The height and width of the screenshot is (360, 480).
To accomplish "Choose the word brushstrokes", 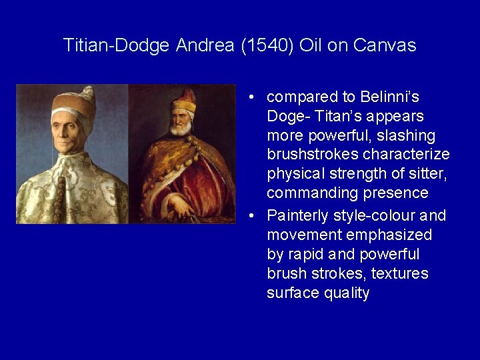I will click(x=313, y=155).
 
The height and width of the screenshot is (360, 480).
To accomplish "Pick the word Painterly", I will click(x=297, y=216).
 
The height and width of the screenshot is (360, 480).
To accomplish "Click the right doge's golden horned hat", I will click(x=185, y=101).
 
